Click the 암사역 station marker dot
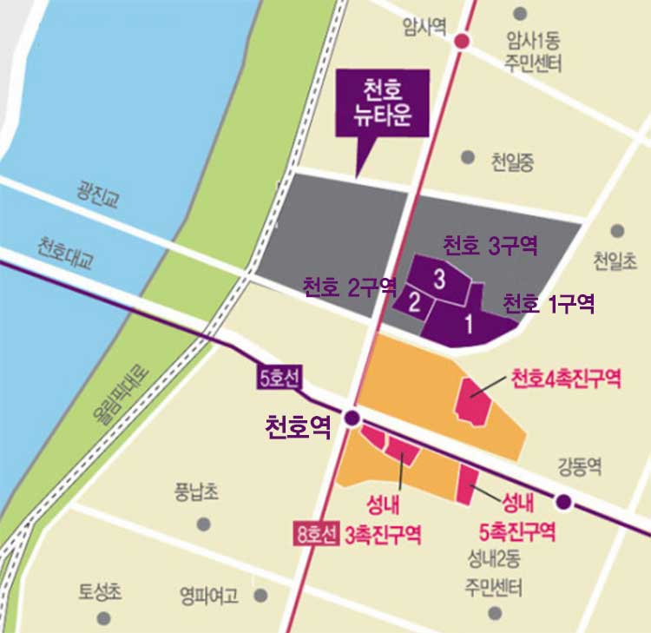click(x=462, y=41)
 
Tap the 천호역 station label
click(x=298, y=426)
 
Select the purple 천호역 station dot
click(x=352, y=418)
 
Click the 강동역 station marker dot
click(x=563, y=502)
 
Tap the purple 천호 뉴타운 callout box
click(x=382, y=102)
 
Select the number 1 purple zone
click(x=469, y=326)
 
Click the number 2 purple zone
click(x=415, y=304)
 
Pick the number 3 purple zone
click(x=440, y=279)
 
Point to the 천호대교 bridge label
click(x=65, y=247)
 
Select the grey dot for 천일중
click(x=468, y=157)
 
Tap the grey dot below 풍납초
click(x=204, y=524)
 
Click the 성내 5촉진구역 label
click(x=517, y=517)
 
